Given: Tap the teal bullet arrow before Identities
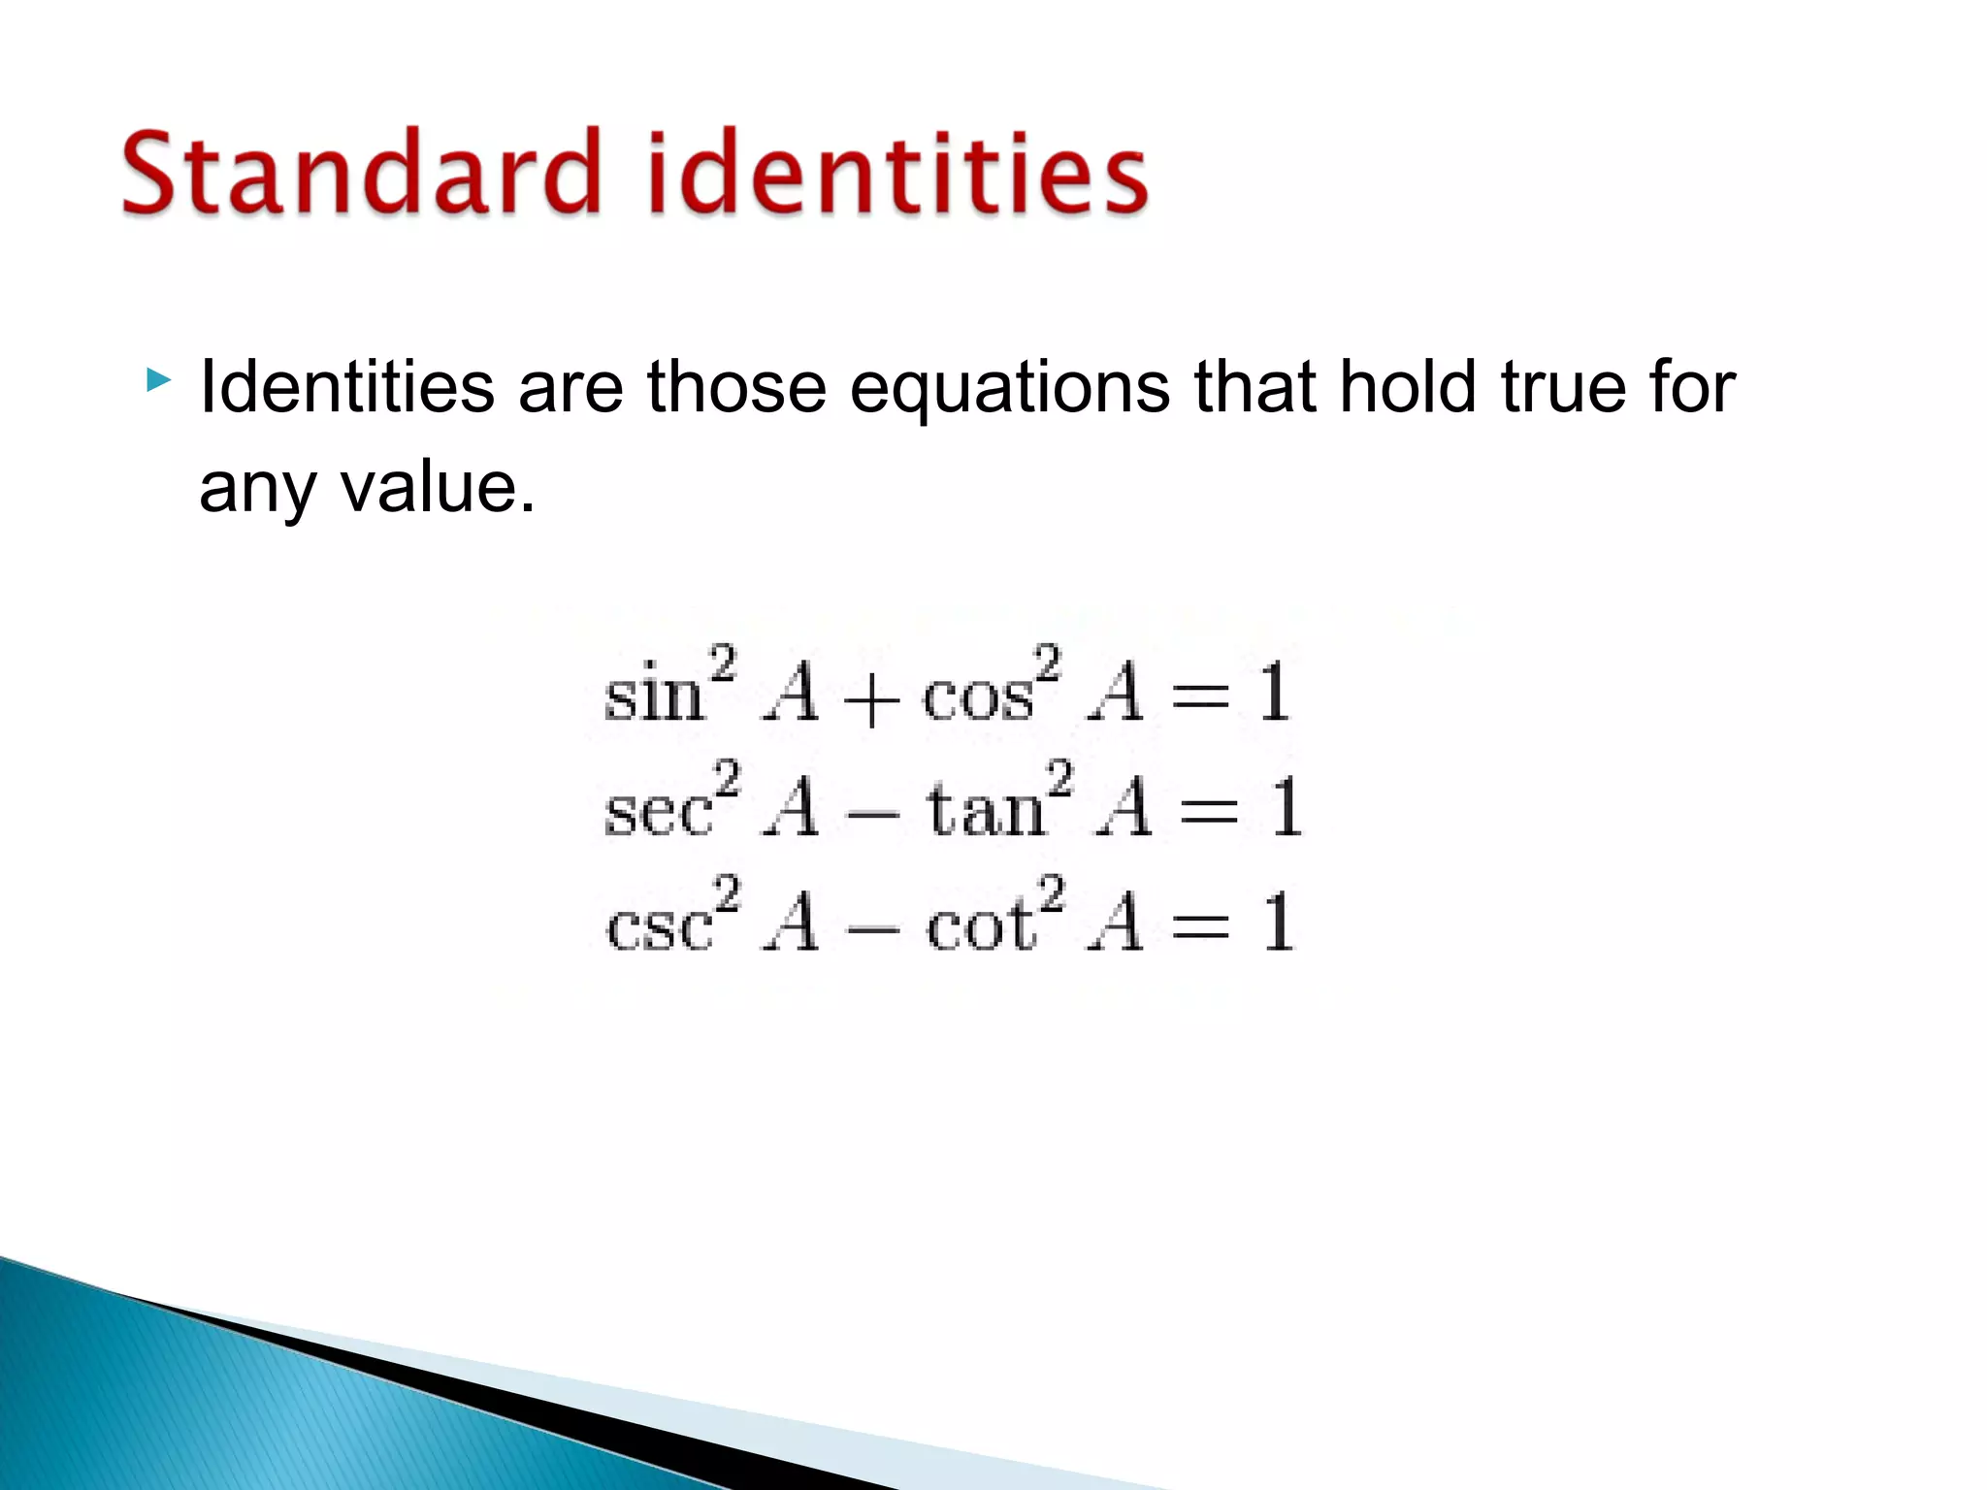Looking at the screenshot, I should [x=158, y=380].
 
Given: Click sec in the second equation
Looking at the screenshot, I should [x=657, y=812].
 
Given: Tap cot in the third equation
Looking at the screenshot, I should [x=980, y=924].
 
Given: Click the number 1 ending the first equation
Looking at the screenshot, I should [x=1274, y=693].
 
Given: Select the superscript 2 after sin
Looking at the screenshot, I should [x=723, y=665].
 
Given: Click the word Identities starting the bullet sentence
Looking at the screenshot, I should [x=346, y=387].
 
